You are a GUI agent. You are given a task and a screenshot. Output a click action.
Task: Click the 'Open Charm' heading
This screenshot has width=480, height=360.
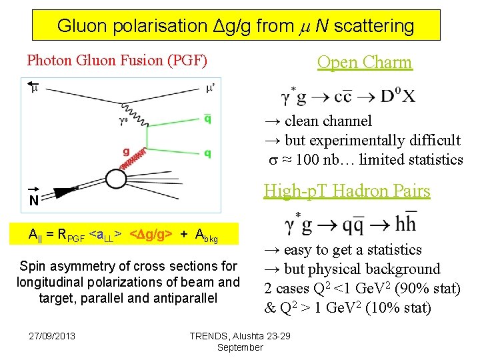pyautogui.click(x=365, y=63)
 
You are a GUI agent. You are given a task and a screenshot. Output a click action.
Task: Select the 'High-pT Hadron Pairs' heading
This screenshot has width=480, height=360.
pyautogui.click(x=347, y=191)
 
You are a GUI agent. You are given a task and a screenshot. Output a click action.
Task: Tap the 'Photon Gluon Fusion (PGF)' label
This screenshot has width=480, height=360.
pyautogui.click(x=117, y=61)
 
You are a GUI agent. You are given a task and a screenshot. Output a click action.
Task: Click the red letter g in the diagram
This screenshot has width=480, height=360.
pyautogui.click(x=127, y=151)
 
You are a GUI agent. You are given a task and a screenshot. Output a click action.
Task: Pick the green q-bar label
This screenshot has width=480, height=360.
pyautogui.click(x=208, y=119)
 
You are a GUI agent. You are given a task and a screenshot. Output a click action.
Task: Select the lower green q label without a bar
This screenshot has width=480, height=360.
pyautogui.click(x=208, y=153)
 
